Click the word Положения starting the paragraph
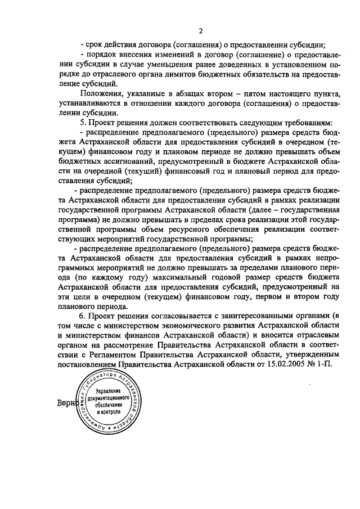102,93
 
